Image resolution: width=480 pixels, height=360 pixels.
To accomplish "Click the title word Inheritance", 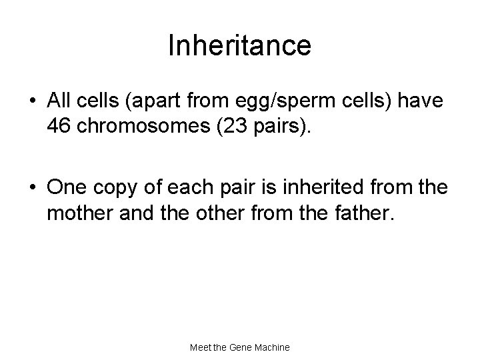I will [x=239, y=46].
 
